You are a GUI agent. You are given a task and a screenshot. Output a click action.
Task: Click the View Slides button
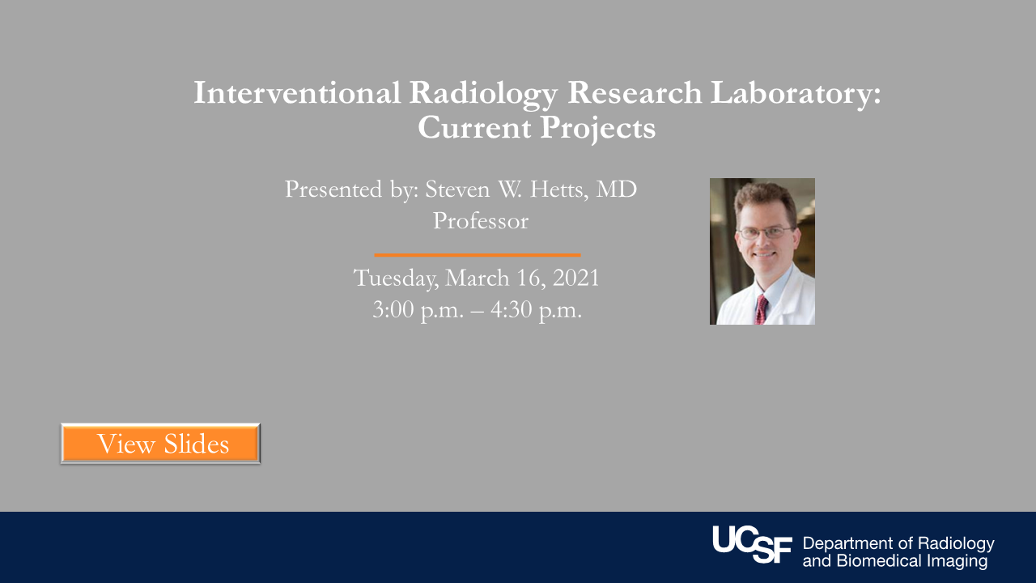[160, 444]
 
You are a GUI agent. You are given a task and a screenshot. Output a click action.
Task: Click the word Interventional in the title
[297, 93]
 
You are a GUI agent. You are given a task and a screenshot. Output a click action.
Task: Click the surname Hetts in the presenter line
[558, 189]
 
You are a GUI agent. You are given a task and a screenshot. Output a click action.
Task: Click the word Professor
[480, 220]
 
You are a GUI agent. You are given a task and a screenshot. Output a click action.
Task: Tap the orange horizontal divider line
[477, 255]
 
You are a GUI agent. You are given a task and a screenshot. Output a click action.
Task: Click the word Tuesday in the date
[396, 279]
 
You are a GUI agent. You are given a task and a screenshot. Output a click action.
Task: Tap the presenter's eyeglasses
[764, 232]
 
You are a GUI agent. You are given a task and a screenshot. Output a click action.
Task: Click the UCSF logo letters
[752, 544]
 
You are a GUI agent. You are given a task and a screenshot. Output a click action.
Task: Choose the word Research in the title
[634, 93]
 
